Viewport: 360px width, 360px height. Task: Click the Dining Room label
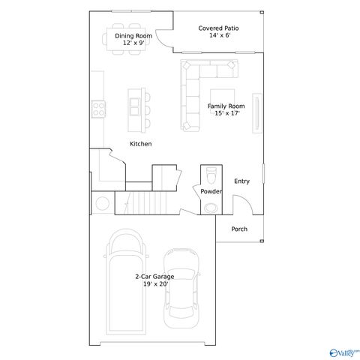(133, 36)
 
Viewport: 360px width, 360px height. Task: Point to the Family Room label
(226, 106)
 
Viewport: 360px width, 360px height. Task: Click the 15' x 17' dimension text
(226, 114)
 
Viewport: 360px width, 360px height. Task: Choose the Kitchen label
(141, 144)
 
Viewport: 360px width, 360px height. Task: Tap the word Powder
(211, 192)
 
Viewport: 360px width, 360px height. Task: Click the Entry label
(241, 181)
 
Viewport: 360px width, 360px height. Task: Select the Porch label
(239, 229)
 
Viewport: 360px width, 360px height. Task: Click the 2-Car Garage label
(154, 277)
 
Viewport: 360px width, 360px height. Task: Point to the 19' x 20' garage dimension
(154, 284)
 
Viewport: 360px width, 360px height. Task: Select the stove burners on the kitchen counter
(97, 109)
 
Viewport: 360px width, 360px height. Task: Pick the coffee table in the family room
(224, 72)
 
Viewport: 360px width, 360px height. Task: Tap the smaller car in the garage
(181, 286)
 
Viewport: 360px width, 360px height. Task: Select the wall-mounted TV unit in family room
(256, 112)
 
